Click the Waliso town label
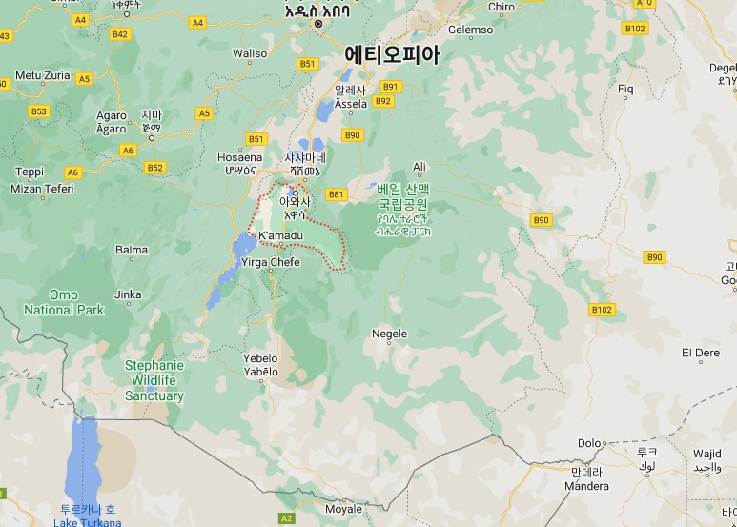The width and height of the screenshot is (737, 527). click(251, 53)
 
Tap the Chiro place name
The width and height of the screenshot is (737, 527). click(502, 7)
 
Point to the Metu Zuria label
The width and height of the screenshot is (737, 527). click(45, 74)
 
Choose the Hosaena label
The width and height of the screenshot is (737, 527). click(239, 157)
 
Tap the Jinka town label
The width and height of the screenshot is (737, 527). click(128, 294)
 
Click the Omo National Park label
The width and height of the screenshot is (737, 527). click(64, 302)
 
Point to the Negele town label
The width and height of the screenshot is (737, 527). click(389, 334)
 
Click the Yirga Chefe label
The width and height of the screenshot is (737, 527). click(271, 262)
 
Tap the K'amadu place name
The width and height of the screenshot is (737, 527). click(280, 235)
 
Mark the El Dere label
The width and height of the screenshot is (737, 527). click(701, 352)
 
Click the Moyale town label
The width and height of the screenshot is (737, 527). click(343, 509)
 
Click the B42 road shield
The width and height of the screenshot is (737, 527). click(119, 34)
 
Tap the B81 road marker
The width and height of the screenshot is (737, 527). click(336, 194)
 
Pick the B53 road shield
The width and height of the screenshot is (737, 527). click(38, 111)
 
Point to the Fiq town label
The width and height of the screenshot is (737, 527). click(626, 89)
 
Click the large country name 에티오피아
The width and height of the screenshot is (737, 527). click(392, 54)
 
